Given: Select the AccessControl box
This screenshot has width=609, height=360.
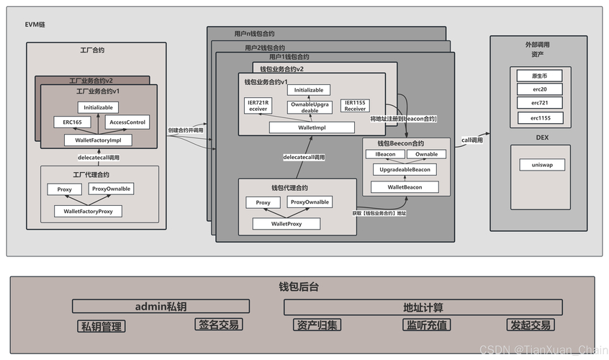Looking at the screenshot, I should click(x=127, y=122).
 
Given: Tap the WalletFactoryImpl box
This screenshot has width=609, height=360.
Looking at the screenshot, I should click(x=99, y=140).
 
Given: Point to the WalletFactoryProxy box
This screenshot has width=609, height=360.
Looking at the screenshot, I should click(x=92, y=211).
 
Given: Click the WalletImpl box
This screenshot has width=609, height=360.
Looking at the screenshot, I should click(x=312, y=127).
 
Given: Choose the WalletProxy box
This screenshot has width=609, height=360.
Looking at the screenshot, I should click(x=287, y=224).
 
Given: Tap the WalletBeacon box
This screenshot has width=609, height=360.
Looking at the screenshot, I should click(x=405, y=187).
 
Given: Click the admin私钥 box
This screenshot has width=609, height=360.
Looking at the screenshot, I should click(x=161, y=306).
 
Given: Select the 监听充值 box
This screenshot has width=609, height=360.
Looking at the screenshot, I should click(x=426, y=325).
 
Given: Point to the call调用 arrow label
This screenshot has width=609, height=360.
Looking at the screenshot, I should click(x=472, y=140).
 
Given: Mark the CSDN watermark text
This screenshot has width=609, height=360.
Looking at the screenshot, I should click(x=543, y=349).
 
